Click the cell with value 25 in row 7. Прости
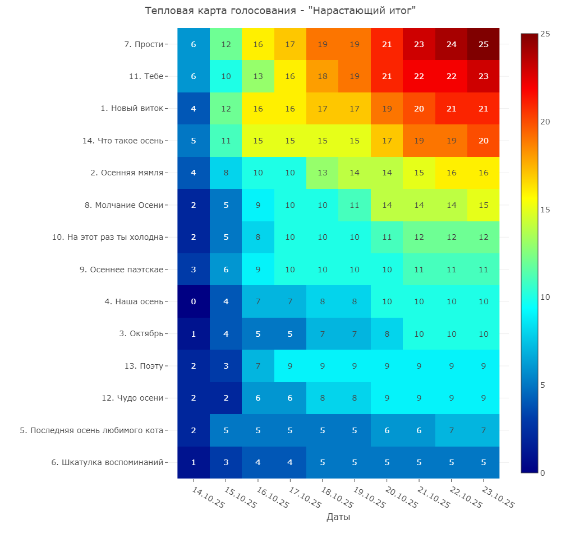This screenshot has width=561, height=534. click(x=483, y=44)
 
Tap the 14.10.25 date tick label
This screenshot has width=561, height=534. click(x=208, y=498)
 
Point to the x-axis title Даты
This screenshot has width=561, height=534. click(x=338, y=517)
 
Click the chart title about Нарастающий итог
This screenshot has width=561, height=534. click(x=280, y=11)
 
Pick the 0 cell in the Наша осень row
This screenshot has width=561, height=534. click(x=194, y=301)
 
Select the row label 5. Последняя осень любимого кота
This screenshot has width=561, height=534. click(x=91, y=430)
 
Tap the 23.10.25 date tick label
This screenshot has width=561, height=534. click(x=497, y=498)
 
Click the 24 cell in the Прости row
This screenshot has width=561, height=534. click(x=451, y=44)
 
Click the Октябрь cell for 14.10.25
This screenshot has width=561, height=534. click(x=194, y=334)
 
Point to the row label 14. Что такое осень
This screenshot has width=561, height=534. click(x=123, y=141)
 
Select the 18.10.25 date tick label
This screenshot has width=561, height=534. click(x=336, y=498)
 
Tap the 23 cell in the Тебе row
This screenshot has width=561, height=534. click(x=483, y=76)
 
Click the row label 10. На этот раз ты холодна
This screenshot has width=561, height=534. click(x=108, y=237)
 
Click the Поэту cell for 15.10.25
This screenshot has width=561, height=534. click(x=226, y=366)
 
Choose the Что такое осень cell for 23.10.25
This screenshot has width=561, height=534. click(x=483, y=141)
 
